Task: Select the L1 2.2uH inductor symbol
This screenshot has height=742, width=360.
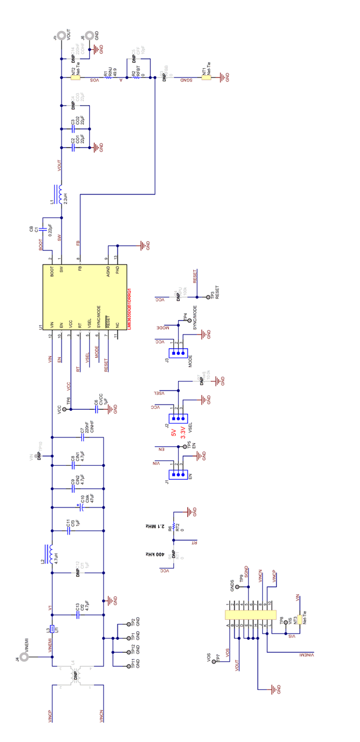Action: pos(60,193)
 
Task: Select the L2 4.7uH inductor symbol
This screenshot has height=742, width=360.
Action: pos(51,554)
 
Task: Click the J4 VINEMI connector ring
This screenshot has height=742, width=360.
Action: pos(24,657)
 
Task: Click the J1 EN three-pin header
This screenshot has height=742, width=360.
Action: pos(180,474)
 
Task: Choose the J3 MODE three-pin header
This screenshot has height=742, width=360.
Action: pos(180,354)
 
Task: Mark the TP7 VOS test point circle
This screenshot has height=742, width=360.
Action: pos(214,662)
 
